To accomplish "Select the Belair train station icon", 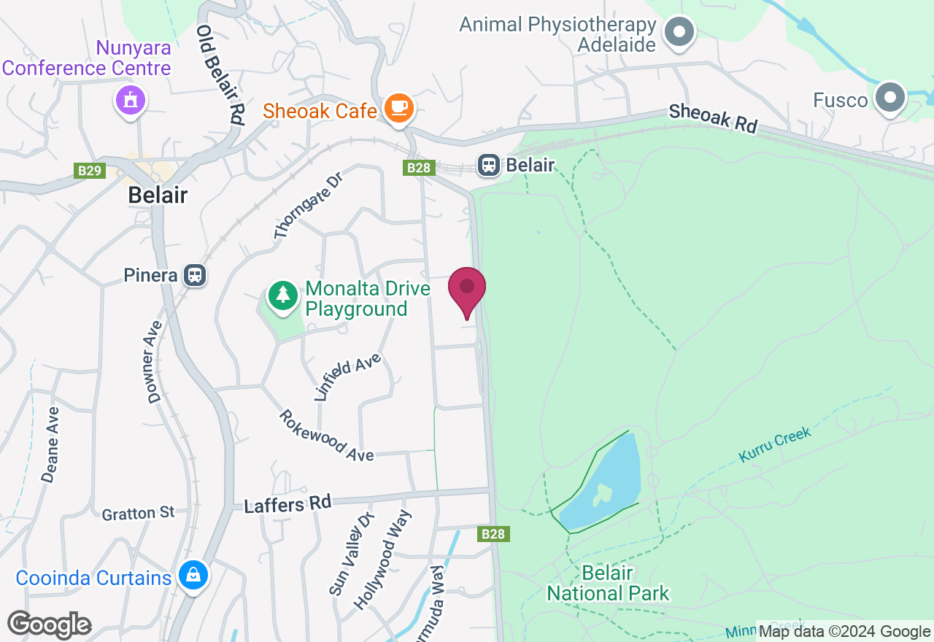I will (x=489, y=166).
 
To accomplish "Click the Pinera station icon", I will (x=195, y=275).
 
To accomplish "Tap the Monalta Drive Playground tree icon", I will (x=282, y=295).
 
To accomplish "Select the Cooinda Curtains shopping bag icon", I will (x=193, y=576).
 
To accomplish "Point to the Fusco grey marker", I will (x=890, y=97).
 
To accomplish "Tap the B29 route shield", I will (x=90, y=171).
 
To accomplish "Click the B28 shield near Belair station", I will (x=419, y=169).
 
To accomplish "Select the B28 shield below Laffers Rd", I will (x=493, y=534).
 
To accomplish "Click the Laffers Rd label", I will (x=287, y=503).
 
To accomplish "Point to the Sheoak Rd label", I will (x=714, y=118).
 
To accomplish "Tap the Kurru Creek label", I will (x=775, y=445).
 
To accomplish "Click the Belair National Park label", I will (x=608, y=583).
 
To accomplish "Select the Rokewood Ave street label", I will (x=326, y=435).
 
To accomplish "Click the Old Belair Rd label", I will (x=220, y=76).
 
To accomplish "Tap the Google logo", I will (x=49, y=624).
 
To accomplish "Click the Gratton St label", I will (x=139, y=514).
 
